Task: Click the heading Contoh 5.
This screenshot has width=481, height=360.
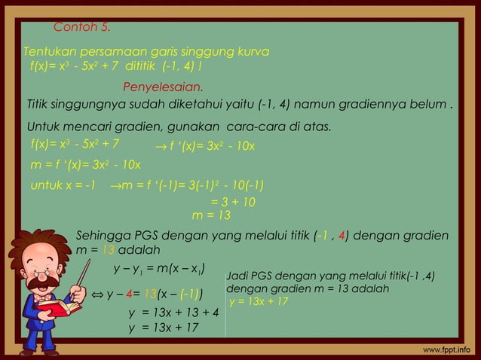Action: point(82,28)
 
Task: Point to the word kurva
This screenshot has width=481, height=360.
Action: point(253,51)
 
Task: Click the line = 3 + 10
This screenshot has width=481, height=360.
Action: point(233,202)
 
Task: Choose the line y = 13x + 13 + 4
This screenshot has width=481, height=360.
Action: point(173,313)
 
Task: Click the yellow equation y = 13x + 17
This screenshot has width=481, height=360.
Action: point(259,302)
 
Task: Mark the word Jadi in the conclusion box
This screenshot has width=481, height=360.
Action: point(237,276)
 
